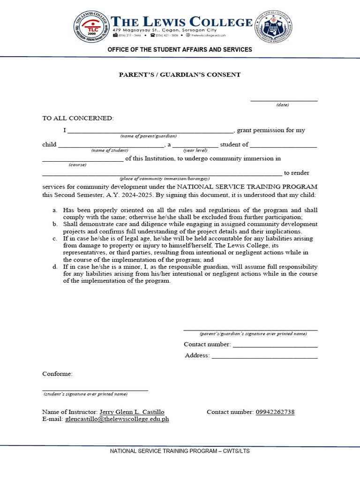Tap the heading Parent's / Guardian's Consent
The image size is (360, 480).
click(x=180, y=75)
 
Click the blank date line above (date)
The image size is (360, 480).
click(x=284, y=100)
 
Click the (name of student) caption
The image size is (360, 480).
click(x=110, y=150)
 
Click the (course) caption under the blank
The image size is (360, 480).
click(x=77, y=165)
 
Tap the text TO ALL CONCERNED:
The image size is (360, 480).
click(x=78, y=118)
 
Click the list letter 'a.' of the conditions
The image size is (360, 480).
click(x=55, y=210)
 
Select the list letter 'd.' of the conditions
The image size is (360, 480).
click(x=55, y=266)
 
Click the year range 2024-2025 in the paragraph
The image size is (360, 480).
click(x=135, y=195)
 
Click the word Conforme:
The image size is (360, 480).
click(x=58, y=374)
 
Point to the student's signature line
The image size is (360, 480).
click(x=95, y=390)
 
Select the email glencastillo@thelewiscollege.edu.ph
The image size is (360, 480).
click(x=117, y=419)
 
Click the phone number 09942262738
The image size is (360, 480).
click(x=275, y=412)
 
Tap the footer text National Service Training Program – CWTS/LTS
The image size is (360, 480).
click(x=180, y=451)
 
